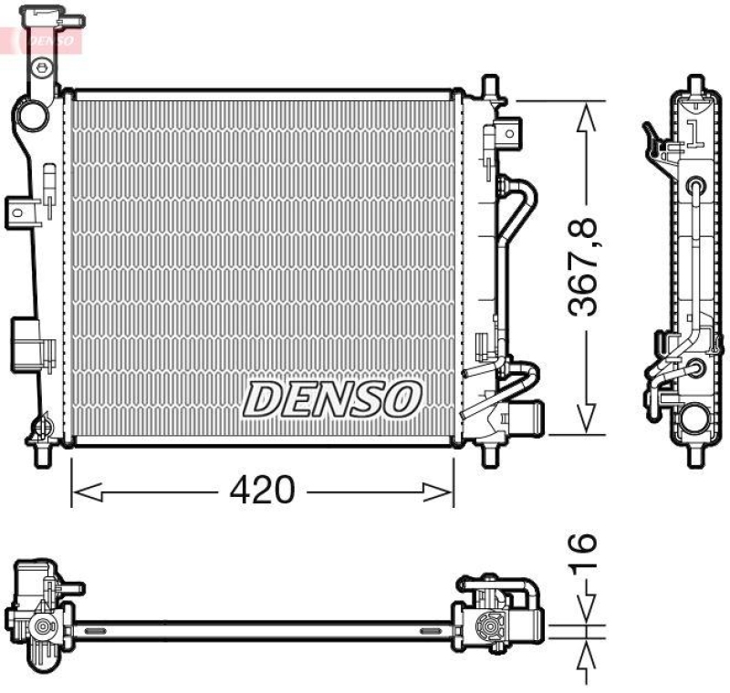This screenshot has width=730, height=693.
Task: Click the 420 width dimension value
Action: tap(262, 490)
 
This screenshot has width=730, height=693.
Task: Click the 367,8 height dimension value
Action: tap(582, 267)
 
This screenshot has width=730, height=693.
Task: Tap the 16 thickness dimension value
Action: tap(582, 551)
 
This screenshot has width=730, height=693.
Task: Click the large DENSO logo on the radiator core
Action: tap(332, 398)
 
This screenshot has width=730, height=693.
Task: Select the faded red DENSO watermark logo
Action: tap(50, 40)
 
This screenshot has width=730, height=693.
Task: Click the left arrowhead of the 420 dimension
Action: tap(87, 492)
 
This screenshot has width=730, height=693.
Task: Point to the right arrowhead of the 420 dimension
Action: tap(438, 492)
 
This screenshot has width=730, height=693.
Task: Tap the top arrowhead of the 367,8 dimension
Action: tap(586, 118)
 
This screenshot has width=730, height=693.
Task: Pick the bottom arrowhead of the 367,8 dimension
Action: tap(586, 418)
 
